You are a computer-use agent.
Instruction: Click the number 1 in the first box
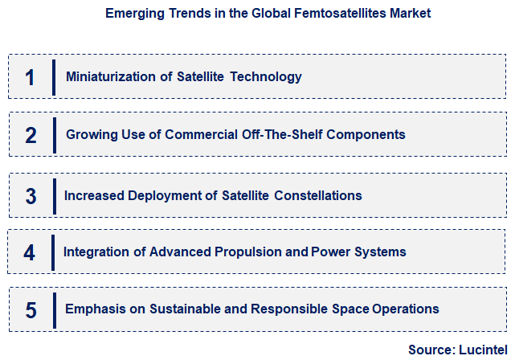30,77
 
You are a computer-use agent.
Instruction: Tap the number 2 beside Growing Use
31,135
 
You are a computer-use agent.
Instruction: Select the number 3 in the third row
31,196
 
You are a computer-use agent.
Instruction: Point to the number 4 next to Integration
30,252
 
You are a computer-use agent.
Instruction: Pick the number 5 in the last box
31,309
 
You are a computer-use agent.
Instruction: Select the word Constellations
317,195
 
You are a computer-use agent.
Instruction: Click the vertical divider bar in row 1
54,77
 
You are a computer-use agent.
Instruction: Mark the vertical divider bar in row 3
54,196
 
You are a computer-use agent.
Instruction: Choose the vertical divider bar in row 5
54,309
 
